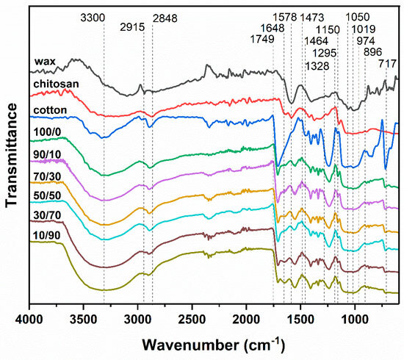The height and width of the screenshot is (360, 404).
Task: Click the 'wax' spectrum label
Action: pyautogui.click(x=45, y=62)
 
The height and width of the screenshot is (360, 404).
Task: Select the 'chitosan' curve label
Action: pyautogui.click(x=56, y=84)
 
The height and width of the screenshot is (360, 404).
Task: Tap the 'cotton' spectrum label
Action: pyautogui.click(x=50, y=110)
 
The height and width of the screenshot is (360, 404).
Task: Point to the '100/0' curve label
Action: pyautogui.click(x=47, y=132)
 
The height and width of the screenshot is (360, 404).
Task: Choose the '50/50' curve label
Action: pyautogui.click(x=47, y=195)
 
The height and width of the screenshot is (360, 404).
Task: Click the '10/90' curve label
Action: pyautogui.click(x=46, y=235)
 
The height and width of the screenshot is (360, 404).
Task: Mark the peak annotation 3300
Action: pyautogui.click(x=93, y=18)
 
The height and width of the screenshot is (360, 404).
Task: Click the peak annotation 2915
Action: pyautogui.click(x=132, y=27)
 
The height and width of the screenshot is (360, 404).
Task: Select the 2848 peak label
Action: pyautogui.click(x=165, y=18)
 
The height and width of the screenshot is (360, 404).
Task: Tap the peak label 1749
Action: pyautogui.click(x=262, y=39)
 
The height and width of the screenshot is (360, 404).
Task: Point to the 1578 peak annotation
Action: pyautogui.click(x=285, y=18)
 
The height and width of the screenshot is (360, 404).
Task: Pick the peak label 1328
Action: pyautogui.click(x=317, y=66)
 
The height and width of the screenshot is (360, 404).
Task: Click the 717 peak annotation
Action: pyautogui.click(x=387, y=63)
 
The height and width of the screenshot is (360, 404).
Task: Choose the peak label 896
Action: pyautogui.click(x=372, y=52)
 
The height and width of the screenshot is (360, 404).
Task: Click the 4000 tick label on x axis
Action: pyautogui.click(x=29, y=320)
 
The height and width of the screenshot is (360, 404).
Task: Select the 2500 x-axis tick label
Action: pyautogui.click(x=192, y=320)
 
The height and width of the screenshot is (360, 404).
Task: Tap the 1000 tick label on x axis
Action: pyautogui.click(x=355, y=320)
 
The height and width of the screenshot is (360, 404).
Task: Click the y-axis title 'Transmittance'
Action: pyautogui.click(x=12, y=155)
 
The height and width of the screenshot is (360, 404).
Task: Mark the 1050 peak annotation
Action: pyautogui.click(x=358, y=18)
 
